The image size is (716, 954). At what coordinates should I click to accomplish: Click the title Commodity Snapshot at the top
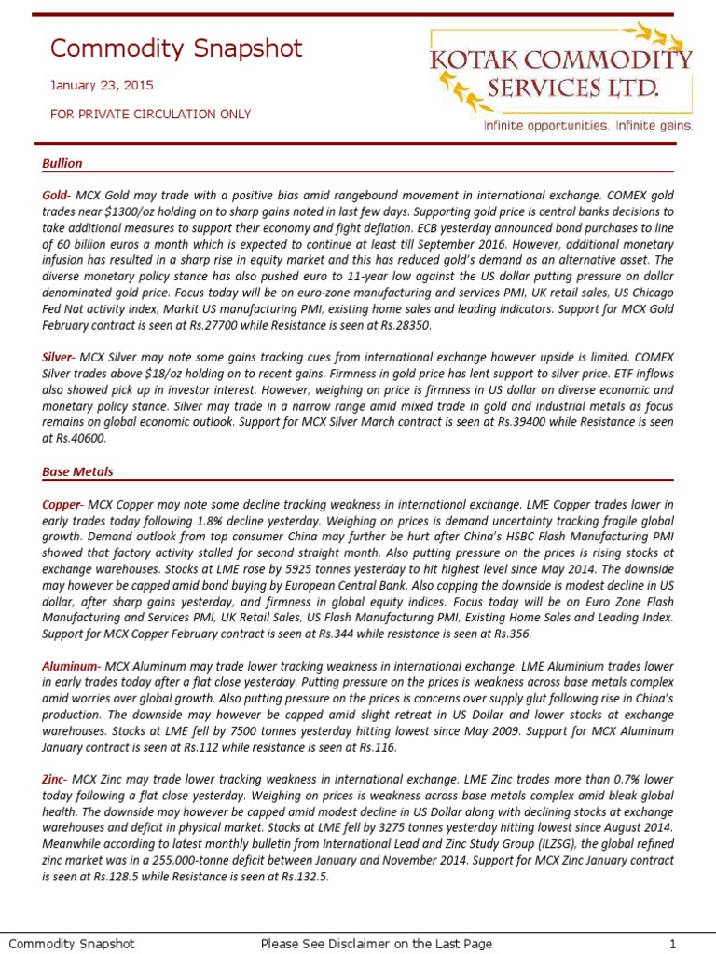176,48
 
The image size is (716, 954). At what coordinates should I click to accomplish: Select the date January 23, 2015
102,86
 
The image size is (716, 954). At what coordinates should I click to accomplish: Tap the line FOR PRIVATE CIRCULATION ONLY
150,114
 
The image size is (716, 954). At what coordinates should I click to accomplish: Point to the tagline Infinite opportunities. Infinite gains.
586,125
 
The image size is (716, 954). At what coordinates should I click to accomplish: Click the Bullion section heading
62,163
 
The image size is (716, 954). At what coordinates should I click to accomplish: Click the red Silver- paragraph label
59,357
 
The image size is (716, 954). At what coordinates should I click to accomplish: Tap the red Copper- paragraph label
62,504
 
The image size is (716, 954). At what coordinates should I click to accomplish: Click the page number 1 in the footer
671,944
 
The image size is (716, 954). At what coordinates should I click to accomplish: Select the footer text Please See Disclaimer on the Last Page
376,944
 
